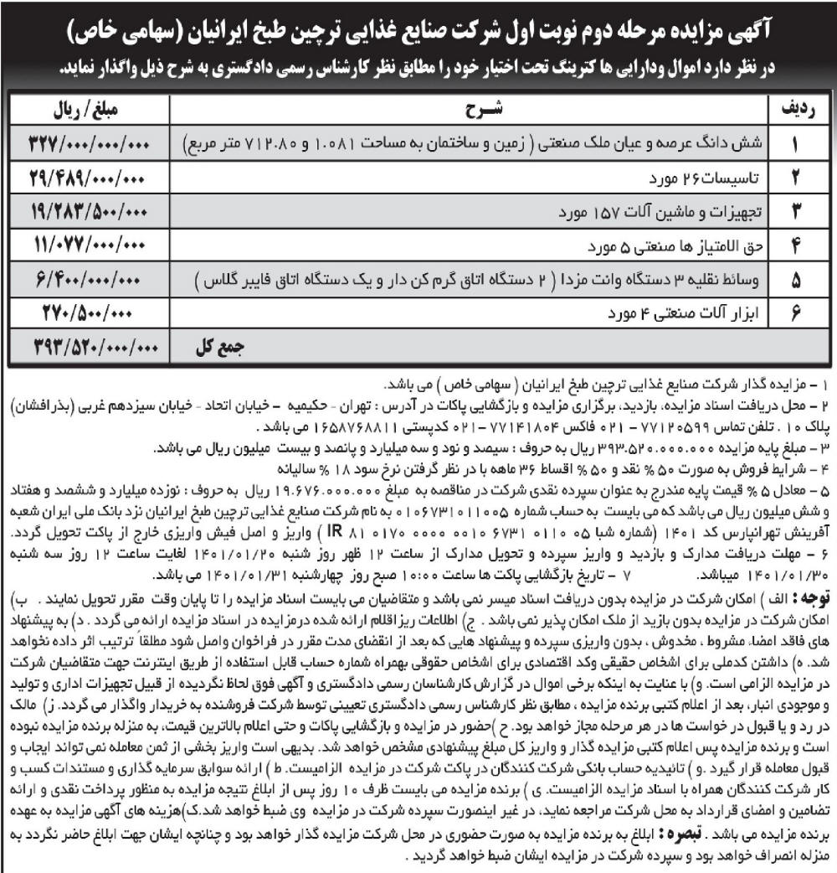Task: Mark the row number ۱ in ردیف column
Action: pos(797,145)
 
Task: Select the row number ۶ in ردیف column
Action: pos(797,313)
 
